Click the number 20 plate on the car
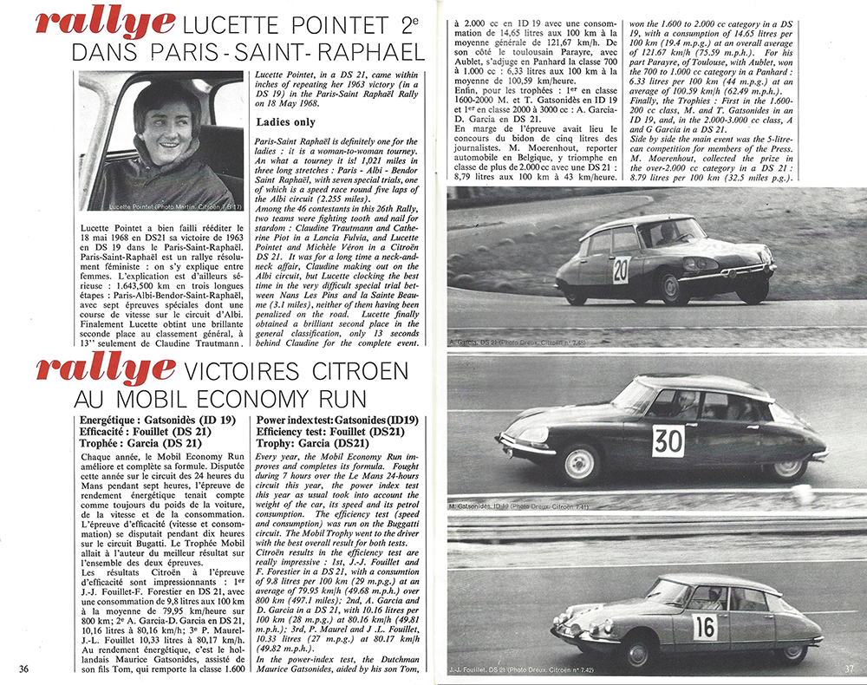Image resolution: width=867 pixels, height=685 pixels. click(621, 270)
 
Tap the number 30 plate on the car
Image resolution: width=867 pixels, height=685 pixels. click(668, 440)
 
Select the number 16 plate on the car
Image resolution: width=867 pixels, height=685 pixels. click(705, 626)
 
